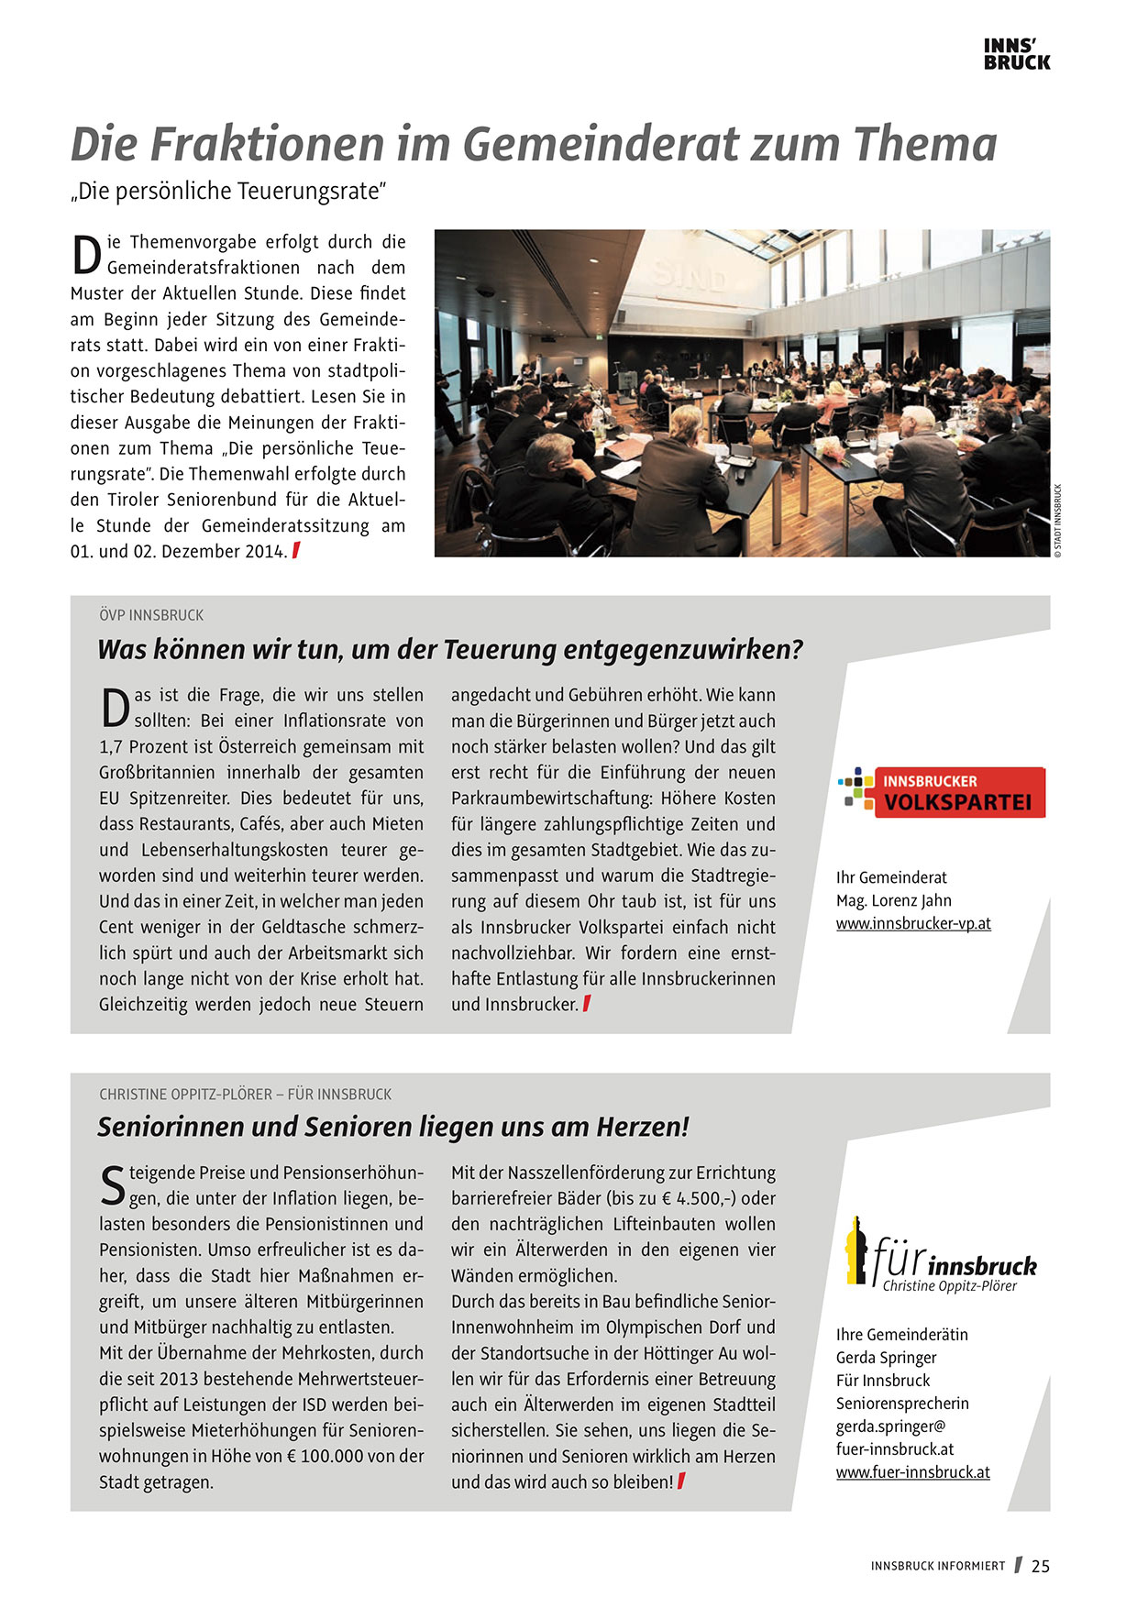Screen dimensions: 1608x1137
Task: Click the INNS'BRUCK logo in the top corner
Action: (1016, 54)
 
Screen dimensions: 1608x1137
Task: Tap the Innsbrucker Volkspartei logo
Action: (942, 792)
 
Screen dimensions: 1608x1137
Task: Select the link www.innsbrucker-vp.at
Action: (913, 924)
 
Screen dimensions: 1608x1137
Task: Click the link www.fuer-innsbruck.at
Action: (912, 1472)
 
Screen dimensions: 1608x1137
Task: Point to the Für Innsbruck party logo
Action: (941, 1254)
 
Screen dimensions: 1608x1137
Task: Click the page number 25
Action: (1041, 1567)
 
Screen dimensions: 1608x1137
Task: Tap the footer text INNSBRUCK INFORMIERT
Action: (938, 1567)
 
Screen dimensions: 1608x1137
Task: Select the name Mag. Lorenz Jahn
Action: (894, 900)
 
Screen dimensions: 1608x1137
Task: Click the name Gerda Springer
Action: (886, 1358)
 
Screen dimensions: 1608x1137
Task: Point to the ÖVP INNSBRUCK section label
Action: (151, 615)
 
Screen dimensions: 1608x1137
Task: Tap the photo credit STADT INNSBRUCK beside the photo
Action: (1057, 521)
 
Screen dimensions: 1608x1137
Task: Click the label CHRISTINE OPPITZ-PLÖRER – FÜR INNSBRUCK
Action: (245, 1095)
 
